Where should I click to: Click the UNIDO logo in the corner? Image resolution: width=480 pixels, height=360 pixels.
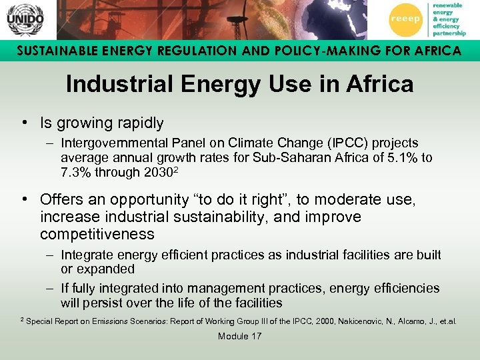[x=25, y=19]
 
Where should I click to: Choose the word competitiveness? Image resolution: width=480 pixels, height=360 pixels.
[x=97, y=235]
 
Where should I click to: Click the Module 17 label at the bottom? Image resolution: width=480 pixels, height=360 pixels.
[x=239, y=337]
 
